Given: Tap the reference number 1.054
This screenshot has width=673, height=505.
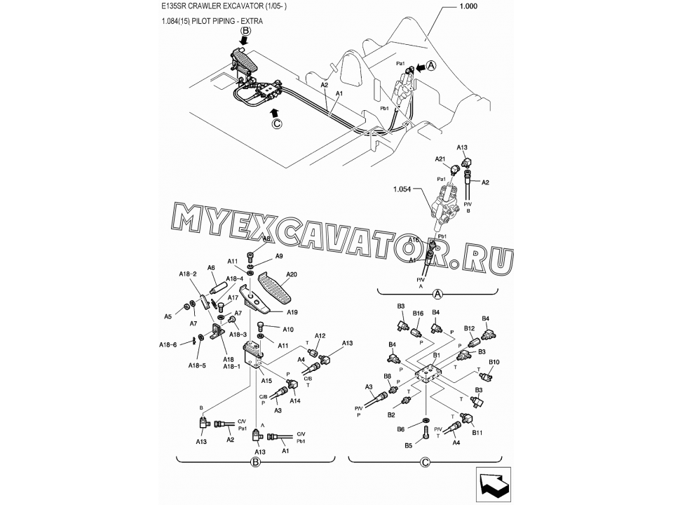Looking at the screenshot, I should [x=403, y=189].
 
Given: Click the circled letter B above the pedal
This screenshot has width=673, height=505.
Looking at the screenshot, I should [x=245, y=31].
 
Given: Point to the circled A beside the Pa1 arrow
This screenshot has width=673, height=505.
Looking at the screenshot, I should [x=431, y=65].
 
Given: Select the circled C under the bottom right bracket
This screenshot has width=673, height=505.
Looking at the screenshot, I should [x=425, y=462].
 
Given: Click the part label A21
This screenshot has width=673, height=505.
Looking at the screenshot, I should [x=440, y=159].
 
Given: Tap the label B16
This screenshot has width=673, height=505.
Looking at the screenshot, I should [x=418, y=314].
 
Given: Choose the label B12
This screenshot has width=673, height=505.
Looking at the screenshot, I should [x=470, y=328].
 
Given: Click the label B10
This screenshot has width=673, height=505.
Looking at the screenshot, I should [x=494, y=363].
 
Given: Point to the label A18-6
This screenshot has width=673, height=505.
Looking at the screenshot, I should [x=168, y=345].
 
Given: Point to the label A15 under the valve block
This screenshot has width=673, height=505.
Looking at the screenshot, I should [x=267, y=381].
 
